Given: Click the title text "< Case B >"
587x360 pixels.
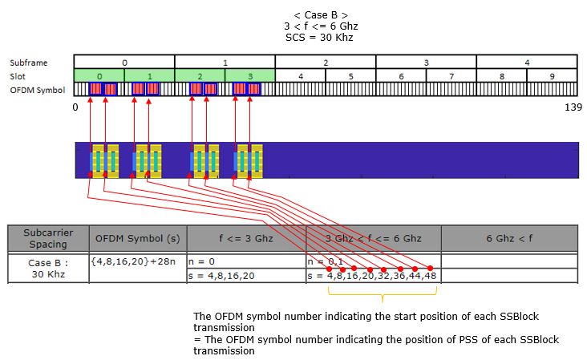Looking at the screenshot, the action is tap(321, 15).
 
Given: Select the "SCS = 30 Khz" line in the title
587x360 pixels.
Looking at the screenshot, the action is tap(319, 38).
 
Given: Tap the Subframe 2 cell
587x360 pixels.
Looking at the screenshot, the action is tap(326, 62).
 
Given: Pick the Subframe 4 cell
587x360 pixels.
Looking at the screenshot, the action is tap(527, 62).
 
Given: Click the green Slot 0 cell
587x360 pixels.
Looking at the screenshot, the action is tap(99, 76).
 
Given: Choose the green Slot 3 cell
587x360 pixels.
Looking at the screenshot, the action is tap(250, 76).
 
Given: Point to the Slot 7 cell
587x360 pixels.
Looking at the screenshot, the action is tap(451, 76).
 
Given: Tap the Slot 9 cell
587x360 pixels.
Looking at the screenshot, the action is tap(553, 76).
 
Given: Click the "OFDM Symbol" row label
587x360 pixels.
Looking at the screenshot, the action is tap(38, 90).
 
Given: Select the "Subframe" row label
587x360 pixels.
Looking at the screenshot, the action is tap(28, 63).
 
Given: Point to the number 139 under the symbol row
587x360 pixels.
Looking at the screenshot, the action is tap(573, 107).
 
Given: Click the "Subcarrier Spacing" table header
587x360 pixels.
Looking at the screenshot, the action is tap(48, 238).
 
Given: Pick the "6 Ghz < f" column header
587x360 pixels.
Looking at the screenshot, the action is tap(509, 238).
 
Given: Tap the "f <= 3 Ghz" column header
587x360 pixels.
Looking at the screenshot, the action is tap(246, 238).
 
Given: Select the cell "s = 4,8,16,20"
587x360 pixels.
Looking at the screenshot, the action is tap(246, 276).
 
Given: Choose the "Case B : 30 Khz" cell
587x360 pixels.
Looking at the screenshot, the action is tap(48, 269).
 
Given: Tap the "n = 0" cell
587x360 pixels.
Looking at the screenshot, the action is tap(246, 261).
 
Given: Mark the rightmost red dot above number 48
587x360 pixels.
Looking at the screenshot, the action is tap(430, 269).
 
